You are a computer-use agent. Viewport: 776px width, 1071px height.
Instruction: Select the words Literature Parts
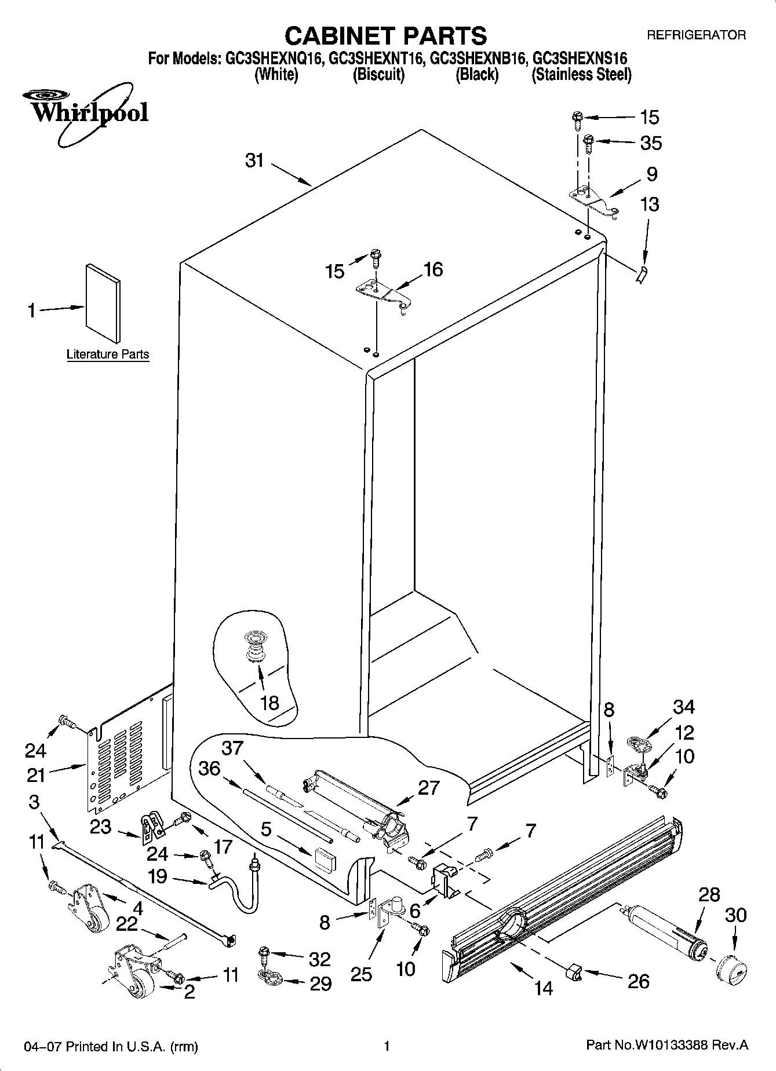(x=108, y=354)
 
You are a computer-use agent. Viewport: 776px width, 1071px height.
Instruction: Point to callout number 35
(x=651, y=143)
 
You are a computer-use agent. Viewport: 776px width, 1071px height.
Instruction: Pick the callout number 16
(x=433, y=269)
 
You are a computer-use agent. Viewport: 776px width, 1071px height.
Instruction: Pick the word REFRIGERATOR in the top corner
(x=696, y=35)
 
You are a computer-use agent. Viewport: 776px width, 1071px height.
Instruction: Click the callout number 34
(x=684, y=707)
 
